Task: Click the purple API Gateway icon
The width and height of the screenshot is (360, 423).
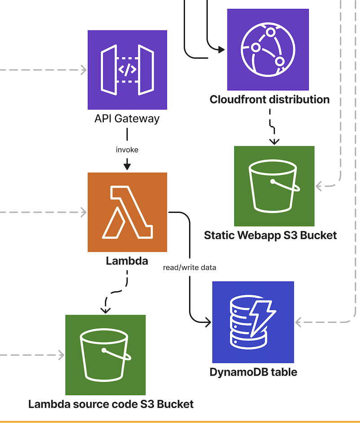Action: click(x=127, y=70)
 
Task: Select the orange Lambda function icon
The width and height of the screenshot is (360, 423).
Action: click(x=127, y=212)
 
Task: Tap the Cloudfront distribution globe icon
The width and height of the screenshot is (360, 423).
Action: click(x=268, y=49)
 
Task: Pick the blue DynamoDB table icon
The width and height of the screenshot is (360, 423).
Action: click(x=253, y=322)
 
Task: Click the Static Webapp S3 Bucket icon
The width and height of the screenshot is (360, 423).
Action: click(x=274, y=186)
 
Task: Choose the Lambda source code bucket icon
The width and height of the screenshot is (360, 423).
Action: click(x=105, y=355)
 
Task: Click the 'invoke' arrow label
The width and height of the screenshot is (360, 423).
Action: click(x=127, y=150)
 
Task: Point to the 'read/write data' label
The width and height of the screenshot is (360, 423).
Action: click(x=190, y=268)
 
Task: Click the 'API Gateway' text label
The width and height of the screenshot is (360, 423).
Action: click(x=127, y=119)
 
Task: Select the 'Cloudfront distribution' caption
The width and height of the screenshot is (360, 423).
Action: click(x=269, y=100)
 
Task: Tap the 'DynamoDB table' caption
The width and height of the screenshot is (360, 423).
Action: click(x=253, y=372)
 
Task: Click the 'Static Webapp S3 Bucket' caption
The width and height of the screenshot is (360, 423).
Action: click(x=270, y=235)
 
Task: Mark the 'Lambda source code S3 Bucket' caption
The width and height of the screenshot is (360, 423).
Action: click(x=111, y=404)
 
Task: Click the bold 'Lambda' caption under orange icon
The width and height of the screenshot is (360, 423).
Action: click(x=127, y=260)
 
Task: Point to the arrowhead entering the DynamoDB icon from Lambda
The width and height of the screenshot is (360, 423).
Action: click(x=208, y=322)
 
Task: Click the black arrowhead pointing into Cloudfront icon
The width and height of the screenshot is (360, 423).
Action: click(x=221, y=49)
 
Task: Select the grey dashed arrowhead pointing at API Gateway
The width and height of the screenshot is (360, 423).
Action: click(x=83, y=70)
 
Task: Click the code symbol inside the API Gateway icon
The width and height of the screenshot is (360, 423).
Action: click(x=127, y=70)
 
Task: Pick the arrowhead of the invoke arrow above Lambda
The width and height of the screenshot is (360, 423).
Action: click(x=127, y=167)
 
